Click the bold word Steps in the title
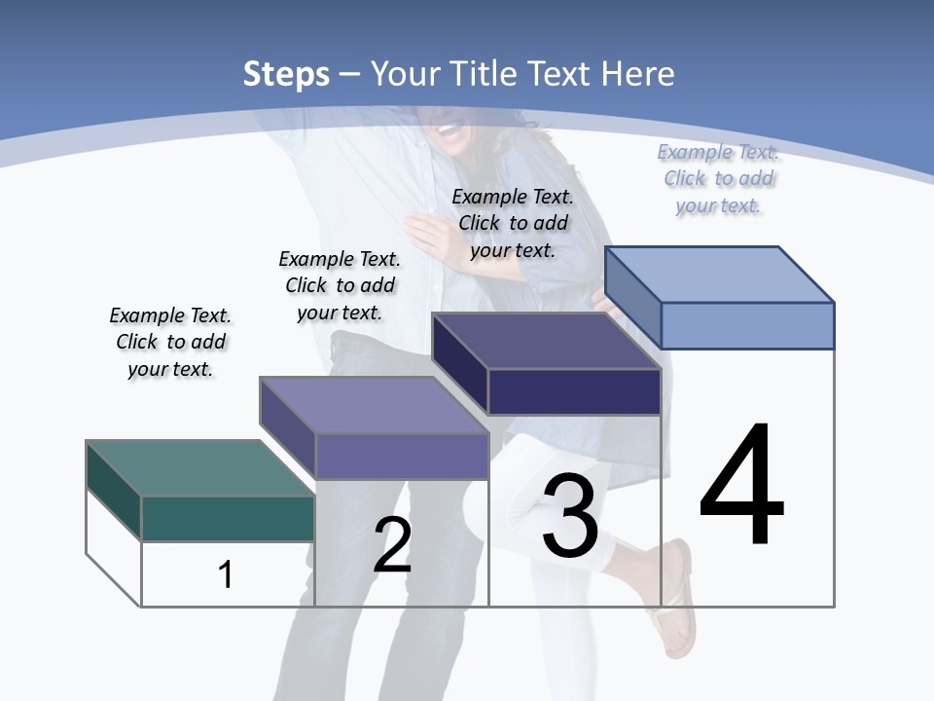coord(286,74)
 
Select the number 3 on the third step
coord(570,517)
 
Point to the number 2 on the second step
coord(392,545)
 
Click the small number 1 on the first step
coord(226,574)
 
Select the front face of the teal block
coord(228,518)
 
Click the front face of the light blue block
coord(747,325)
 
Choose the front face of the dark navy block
coord(574,391)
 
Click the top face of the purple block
coord(374,405)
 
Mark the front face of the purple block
coord(401,456)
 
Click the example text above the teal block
coord(170,342)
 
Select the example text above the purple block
coord(340,285)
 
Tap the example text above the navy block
coord(513,223)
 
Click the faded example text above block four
coord(718,178)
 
